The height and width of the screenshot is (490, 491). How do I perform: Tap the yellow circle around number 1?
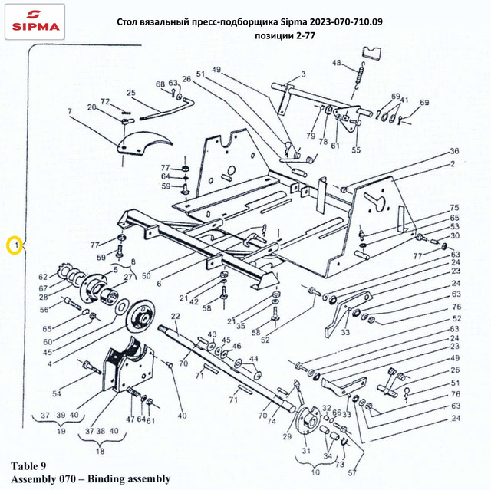tap(14, 245)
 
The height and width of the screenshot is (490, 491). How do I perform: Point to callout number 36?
tap(454, 151)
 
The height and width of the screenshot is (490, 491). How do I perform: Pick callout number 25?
tap(131, 94)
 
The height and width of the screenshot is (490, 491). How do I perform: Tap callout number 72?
tap(106, 101)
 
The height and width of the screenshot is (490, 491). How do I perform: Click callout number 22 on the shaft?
tap(175, 316)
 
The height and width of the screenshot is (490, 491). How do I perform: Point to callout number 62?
tap(43, 276)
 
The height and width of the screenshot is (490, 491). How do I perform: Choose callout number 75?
tap(454, 208)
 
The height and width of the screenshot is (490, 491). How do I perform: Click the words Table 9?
tap(33, 465)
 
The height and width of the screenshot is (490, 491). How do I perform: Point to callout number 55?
tap(355, 150)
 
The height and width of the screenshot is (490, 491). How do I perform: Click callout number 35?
tap(240, 326)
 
